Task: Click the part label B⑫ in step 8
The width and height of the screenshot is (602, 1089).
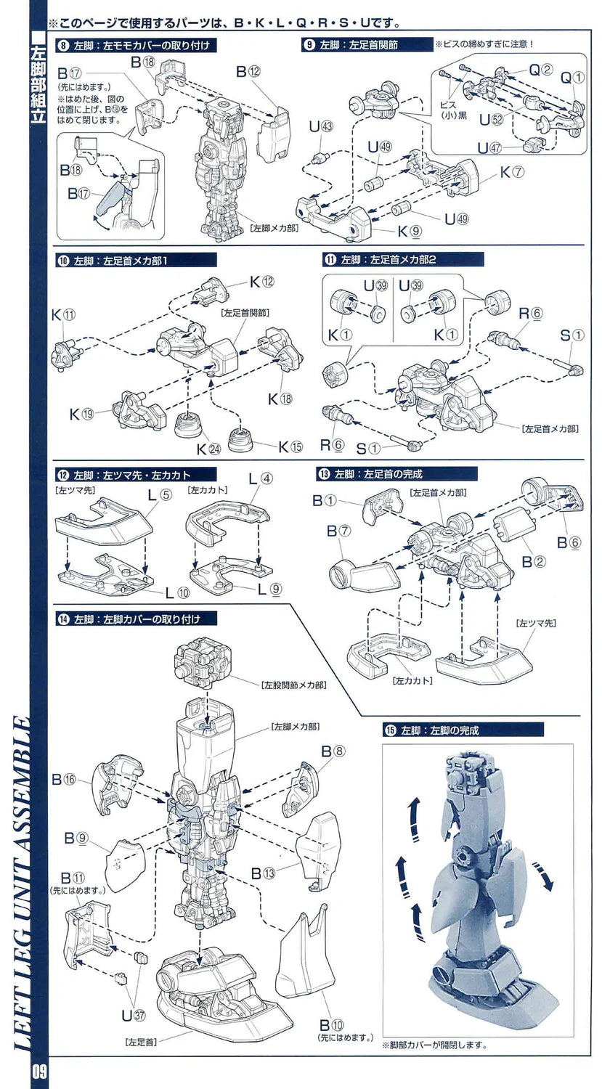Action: coord(248,72)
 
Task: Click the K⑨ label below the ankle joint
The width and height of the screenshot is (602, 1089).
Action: coord(407,232)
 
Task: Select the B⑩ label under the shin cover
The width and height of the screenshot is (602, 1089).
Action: coord(332,1025)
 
